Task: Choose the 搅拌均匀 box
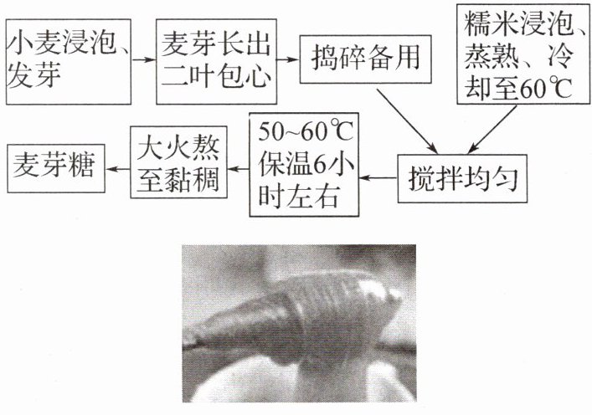pos(465,179)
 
